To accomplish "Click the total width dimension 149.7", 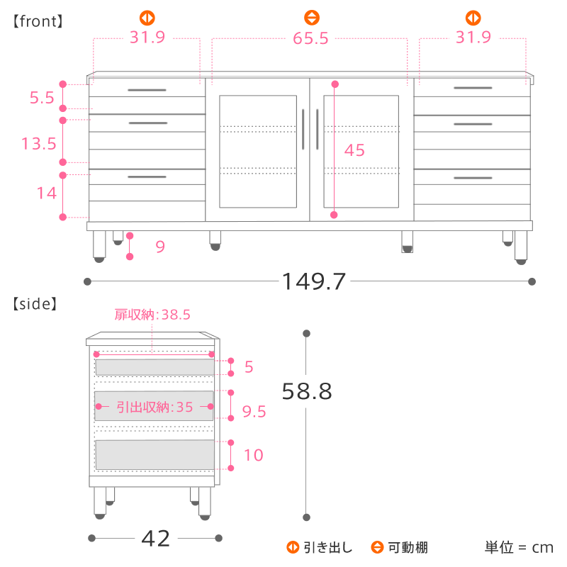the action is (x=313, y=281).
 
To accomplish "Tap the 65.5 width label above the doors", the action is (x=310, y=38).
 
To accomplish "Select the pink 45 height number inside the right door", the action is (x=354, y=150).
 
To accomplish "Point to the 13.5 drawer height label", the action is (x=39, y=144).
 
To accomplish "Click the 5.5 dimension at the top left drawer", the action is (x=42, y=98).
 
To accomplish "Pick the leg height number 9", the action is (x=160, y=247).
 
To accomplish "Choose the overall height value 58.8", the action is (x=307, y=391).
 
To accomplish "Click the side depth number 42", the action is (x=155, y=539).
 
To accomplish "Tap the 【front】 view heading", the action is (x=38, y=21).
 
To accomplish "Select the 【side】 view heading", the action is (x=35, y=304).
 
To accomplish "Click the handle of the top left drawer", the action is (x=147, y=90).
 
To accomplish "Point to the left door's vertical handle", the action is (x=303, y=129).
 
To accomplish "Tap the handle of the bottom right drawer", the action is (x=473, y=178).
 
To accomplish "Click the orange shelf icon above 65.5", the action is (x=312, y=18).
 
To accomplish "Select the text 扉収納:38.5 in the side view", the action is (x=152, y=315).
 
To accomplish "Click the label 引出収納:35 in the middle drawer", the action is (x=155, y=407).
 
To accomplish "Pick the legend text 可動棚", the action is (x=408, y=547).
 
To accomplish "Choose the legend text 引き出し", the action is (x=328, y=547).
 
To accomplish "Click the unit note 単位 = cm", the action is (x=519, y=547).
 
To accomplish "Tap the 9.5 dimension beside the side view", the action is (x=254, y=412).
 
